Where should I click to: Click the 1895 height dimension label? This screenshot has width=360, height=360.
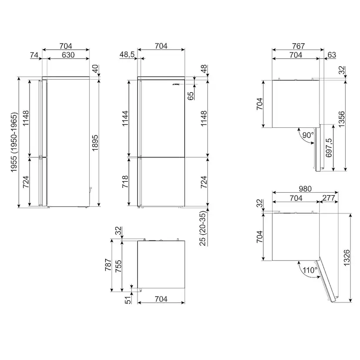pos(95,143)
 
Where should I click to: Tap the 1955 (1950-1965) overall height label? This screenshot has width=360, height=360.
pos(14,142)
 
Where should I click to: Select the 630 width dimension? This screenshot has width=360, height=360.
pos(68,55)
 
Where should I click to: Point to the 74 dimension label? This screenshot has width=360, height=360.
pos(34,55)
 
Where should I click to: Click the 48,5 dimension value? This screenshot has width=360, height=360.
pos(127,55)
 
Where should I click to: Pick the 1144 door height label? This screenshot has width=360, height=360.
pos(125,118)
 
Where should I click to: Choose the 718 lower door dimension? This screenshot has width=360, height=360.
pos(125,182)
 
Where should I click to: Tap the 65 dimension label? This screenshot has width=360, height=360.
pos(190,96)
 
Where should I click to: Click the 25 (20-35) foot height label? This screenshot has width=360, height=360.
pos(203,228)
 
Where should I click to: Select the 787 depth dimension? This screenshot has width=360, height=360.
pos(108,264)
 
